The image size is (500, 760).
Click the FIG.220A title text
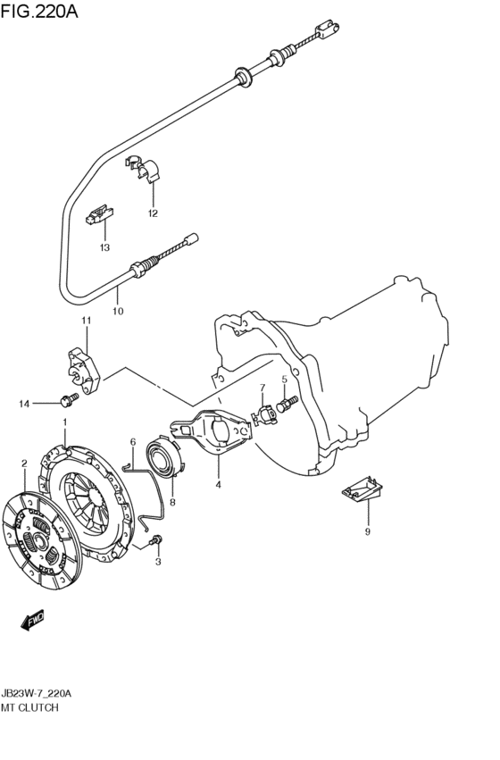(x=39, y=11)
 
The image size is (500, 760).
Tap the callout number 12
(x=153, y=213)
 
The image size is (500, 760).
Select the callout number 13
(x=104, y=247)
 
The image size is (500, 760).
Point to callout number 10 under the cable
(x=118, y=311)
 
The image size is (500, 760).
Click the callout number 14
(x=25, y=404)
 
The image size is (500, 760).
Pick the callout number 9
(x=367, y=532)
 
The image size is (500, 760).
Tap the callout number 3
(x=158, y=563)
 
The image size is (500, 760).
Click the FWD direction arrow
(x=32, y=621)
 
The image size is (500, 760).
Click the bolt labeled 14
(x=69, y=399)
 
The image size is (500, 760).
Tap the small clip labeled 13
(x=99, y=214)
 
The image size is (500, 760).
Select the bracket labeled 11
(x=82, y=370)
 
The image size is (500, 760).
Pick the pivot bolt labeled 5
(x=287, y=405)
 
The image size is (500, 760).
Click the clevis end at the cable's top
(x=327, y=29)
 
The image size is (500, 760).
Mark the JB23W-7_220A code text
(x=37, y=694)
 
